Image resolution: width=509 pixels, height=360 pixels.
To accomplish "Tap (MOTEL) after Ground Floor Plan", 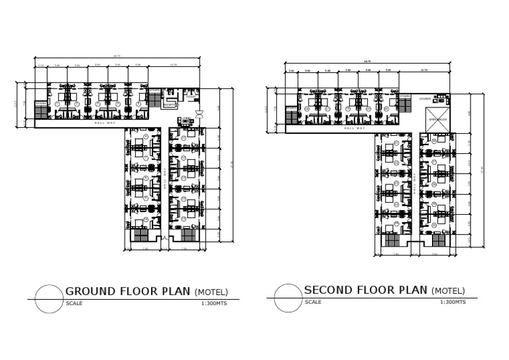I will pos(211,292).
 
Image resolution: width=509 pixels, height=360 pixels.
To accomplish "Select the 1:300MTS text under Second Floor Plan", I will pos(452,302).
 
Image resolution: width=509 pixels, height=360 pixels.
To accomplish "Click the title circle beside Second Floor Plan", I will pos(288,298).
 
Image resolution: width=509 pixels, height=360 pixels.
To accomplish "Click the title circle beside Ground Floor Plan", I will pos(49,298).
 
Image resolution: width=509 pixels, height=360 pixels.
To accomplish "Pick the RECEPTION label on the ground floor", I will pos(170,105).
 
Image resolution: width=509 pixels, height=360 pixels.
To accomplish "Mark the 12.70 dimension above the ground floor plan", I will pos(174,65).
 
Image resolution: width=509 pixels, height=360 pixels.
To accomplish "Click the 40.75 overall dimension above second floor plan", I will pos(367,62).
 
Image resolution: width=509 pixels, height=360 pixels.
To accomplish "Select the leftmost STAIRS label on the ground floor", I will pos(40,103).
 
